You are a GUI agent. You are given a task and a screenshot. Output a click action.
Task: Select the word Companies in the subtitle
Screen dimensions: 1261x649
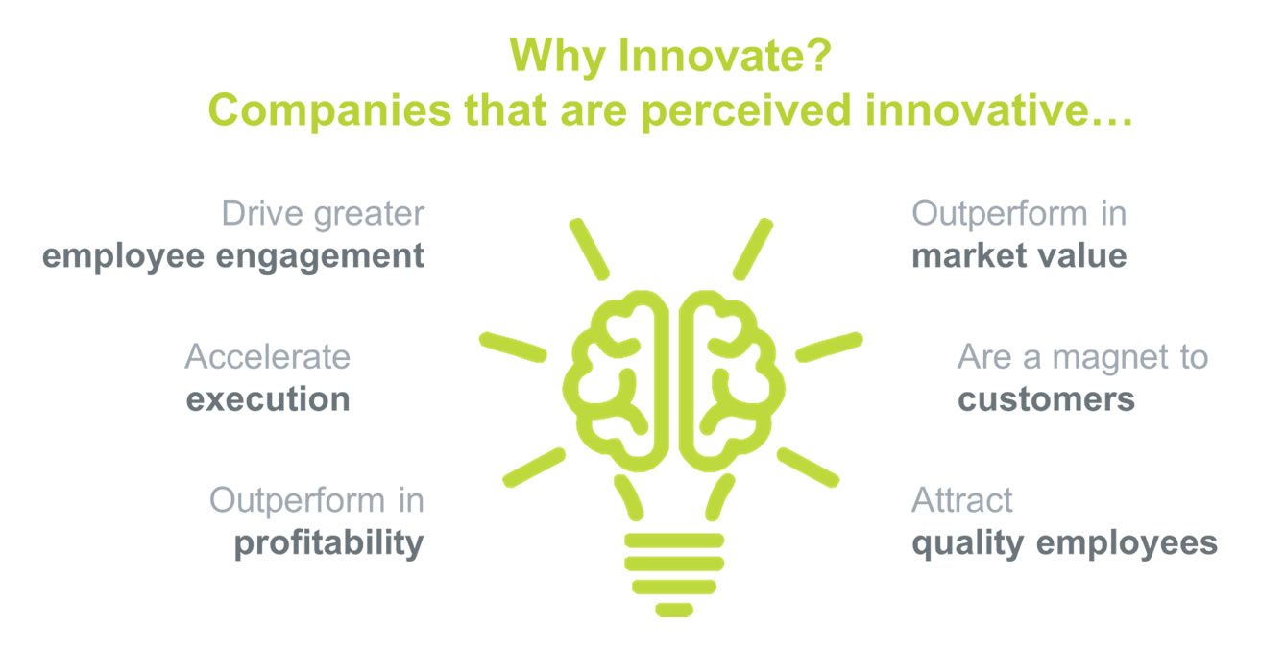click(329, 111)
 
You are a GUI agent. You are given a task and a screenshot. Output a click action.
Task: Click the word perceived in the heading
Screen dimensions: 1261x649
click(746, 111)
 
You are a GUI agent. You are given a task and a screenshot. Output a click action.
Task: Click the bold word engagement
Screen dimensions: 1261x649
click(320, 257)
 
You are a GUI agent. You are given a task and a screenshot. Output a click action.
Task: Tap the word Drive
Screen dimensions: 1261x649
click(262, 213)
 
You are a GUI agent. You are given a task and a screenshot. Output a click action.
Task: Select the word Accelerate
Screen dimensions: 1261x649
click(267, 356)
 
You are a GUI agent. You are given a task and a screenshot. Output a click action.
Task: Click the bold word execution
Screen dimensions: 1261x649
click(268, 399)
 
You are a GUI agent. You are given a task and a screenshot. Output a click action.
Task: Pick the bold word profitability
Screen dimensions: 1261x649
click(328, 543)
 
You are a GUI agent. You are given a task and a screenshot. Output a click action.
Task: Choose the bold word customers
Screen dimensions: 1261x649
click(1046, 399)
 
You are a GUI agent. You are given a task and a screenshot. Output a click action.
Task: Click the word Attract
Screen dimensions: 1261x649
click(962, 500)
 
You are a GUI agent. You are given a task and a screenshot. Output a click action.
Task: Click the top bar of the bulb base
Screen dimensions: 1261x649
click(674, 541)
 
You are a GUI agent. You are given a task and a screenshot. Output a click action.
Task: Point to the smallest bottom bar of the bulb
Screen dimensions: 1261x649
click(674, 611)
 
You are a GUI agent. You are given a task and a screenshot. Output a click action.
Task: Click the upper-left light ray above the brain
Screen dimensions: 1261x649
click(589, 250)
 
